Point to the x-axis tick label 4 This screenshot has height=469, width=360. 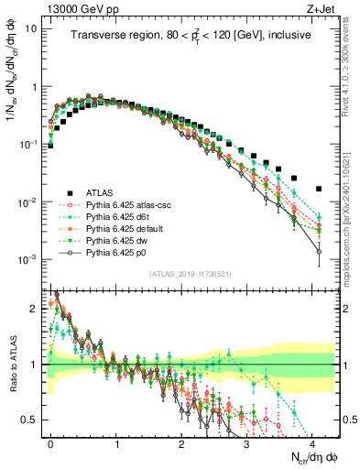point(312,442)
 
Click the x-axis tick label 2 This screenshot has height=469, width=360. point(181,442)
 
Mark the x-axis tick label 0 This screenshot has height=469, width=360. point(51,442)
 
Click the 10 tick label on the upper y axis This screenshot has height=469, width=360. point(31,27)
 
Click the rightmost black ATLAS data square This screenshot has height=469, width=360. point(318,189)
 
